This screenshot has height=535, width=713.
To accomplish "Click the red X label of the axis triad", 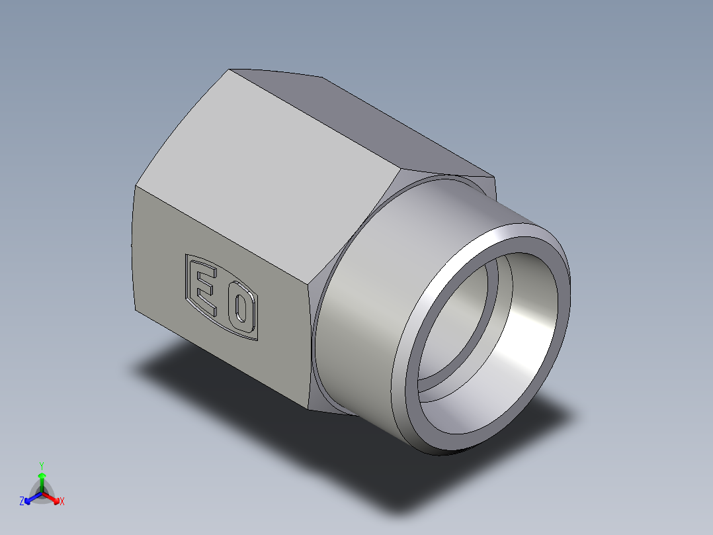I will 62,502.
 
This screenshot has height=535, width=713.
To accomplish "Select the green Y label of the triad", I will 42,465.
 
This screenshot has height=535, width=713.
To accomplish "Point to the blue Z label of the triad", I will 22,502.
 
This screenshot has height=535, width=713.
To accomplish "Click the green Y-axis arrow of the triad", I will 42,479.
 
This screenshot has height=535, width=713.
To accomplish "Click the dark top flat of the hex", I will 370,126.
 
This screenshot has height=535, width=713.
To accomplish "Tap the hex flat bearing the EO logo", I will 265,358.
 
